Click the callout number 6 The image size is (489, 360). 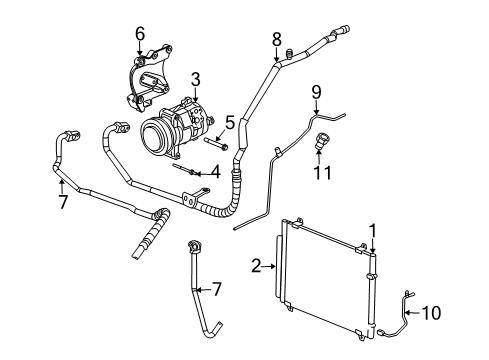[140, 34]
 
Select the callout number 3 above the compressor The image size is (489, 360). [196, 77]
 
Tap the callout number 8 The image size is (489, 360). [277, 39]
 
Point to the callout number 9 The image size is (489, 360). [315, 93]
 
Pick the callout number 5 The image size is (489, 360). [228, 123]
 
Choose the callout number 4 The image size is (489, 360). [214, 172]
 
